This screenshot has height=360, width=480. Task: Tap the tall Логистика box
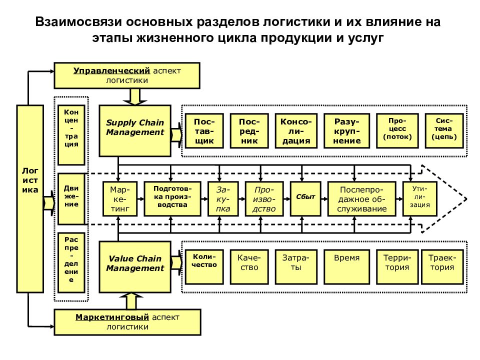pyautogui.click(x=30, y=198)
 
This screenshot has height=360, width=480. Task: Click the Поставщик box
pyautogui.click(x=204, y=131)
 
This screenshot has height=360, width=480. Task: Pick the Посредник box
pyautogui.click(x=248, y=131)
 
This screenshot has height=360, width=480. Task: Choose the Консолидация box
pyautogui.click(x=296, y=131)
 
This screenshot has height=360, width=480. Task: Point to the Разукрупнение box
pyautogui.click(x=347, y=131)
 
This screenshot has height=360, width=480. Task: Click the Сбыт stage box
pyautogui.click(x=305, y=197)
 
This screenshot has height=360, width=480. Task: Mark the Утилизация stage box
pyautogui.click(x=419, y=197)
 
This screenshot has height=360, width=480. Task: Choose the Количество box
pyautogui.click(x=204, y=265)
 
